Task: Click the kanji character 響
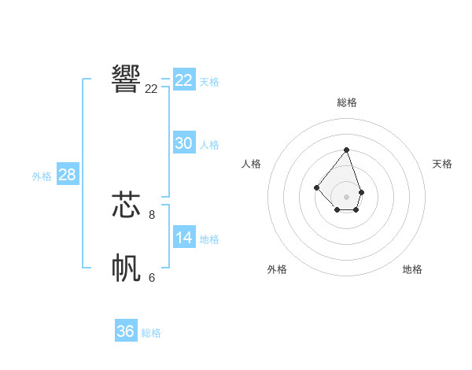pos(127,78)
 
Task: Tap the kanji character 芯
pos(127,204)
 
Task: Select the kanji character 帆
pos(127,268)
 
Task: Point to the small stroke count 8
pos(152,214)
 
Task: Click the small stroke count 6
pos(152,277)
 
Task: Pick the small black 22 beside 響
pos(151,89)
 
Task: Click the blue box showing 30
pos(184,143)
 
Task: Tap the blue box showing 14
pos(184,238)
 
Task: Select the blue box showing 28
pos(67,175)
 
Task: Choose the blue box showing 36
pos(125,331)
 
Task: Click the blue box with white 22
pos(184,80)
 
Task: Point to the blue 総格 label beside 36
pos(151,333)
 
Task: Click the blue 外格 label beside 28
pos(42,176)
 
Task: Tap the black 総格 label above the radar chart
pos(347,102)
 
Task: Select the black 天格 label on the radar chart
pos(442,164)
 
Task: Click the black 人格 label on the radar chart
pos(252,164)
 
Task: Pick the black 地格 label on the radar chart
pos(412,269)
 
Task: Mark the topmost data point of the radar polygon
pos(346,150)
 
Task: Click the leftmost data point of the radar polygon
pos(316,187)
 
